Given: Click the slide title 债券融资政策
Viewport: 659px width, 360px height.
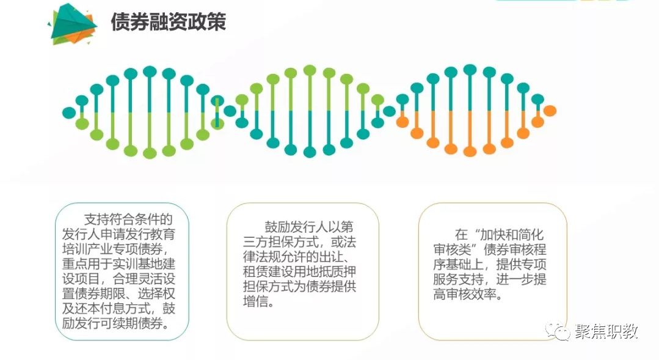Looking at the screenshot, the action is pyautogui.click(x=169, y=21).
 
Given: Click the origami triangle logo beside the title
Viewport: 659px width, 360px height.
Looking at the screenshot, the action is pyautogui.click(x=72, y=24).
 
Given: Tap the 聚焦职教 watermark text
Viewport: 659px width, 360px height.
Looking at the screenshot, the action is pyautogui.click(x=606, y=331).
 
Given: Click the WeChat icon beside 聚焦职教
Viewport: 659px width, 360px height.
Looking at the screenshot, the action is pyautogui.click(x=558, y=331).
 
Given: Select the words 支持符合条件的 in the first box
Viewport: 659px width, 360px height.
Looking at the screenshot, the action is pyautogui.click(x=128, y=219).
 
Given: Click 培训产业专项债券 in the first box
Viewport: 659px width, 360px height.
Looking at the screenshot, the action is pyautogui.click(x=114, y=249).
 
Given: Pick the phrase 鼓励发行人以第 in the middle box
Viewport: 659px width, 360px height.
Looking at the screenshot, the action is pyautogui.click(x=309, y=227).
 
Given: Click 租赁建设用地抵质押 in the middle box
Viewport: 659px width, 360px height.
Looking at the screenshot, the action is pyautogui.click(x=299, y=271).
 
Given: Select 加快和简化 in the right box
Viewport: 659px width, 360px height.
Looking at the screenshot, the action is pyautogui.click(x=512, y=234).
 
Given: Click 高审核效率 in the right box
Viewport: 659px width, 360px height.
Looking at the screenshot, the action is pyautogui.click(x=464, y=294).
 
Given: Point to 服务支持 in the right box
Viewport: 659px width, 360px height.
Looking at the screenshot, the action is pyautogui.click(x=458, y=279).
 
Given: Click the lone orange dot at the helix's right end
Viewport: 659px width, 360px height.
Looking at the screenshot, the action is pyautogui.click(x=550, y=111).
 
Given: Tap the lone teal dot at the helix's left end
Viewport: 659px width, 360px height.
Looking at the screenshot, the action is pyautogui.click(x=68, y=112).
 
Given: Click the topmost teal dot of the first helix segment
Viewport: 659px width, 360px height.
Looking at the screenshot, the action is pyautogui.click(x=150, y=72).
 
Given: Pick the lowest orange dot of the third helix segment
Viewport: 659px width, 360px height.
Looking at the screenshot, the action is pyautogui.click(x=470, y=151).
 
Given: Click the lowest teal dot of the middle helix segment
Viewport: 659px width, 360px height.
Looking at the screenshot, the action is pyautogui.click(x=310, y=152).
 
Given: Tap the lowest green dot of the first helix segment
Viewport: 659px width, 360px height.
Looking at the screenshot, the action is pyautogui.click(x=150, y=153).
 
